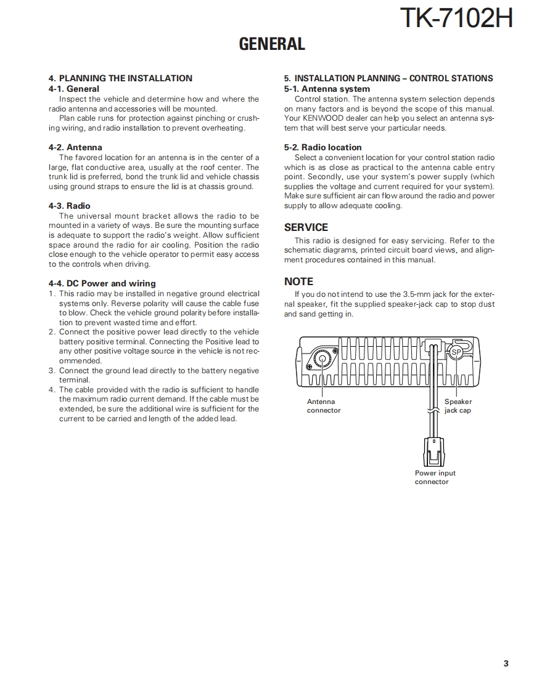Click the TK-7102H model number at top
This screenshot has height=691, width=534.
tap(456, 18)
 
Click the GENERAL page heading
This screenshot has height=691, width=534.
tap(272, 44)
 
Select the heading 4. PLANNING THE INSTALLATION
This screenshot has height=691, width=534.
tap(120, 78)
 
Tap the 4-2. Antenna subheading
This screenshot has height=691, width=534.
tap(75, 147)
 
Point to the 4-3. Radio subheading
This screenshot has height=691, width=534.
tap(69, 206)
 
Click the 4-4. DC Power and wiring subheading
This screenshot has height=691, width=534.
tap(102, 283)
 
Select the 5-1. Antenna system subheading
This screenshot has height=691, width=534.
tap(327, 89)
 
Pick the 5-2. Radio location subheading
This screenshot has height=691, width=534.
tap(322, 147)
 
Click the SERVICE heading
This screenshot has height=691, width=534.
tap(306, 227)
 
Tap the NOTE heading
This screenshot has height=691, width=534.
tap(298, 281)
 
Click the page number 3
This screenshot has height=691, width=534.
tap(506, 663)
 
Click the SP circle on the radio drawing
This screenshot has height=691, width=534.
tap(456, 352)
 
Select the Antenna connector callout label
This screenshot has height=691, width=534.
tap(323, 406)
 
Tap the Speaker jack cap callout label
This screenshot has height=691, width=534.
tap(458, 406)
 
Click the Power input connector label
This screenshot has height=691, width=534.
tap(435, 477)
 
